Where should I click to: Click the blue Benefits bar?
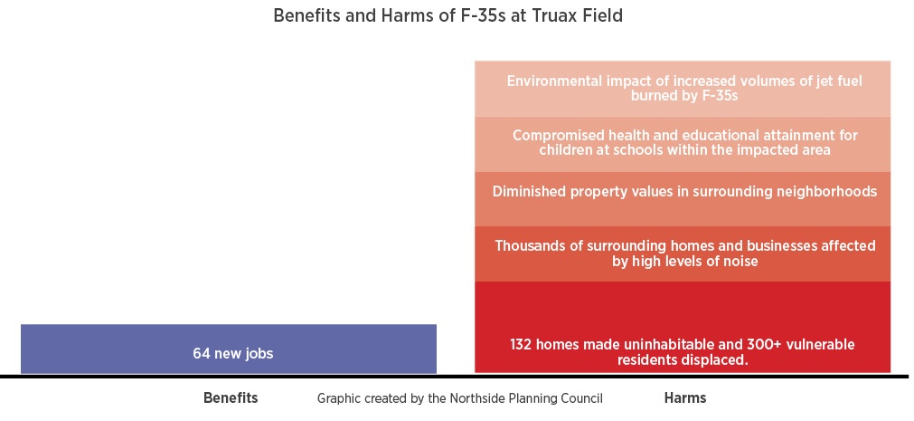coord(229,349)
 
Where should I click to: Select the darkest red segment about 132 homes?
coord(683,327)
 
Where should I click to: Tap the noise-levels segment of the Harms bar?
coord(683,254)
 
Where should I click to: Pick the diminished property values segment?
coord(683,199)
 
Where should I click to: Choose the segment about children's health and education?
coord(683,144)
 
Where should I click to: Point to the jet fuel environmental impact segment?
coord(683,89)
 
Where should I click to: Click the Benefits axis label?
coord(231,398)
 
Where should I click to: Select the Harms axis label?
coord(685,398)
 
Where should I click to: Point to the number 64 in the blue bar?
coord(202,353)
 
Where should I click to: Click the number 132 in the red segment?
coord(521,345)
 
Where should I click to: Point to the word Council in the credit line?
coord(584,398)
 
